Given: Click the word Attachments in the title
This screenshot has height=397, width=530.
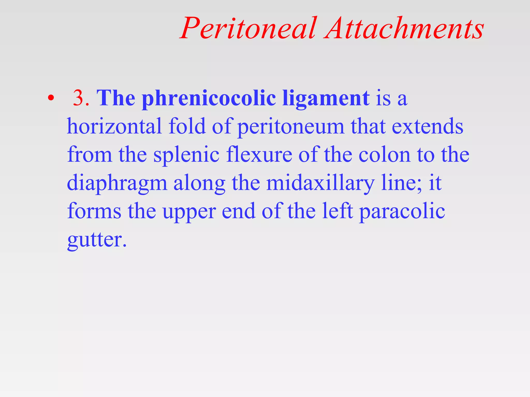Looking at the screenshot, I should coord(404,28).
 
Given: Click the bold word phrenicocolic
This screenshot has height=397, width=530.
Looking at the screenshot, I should coord(209,99).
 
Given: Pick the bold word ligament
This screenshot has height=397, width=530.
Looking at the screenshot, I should coord(326,99).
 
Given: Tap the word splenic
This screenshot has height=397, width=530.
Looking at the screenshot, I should coord(186,155).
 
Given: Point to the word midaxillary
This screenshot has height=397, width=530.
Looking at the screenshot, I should coord(320,183).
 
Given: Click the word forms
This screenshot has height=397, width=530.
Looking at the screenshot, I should coord(94,211).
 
